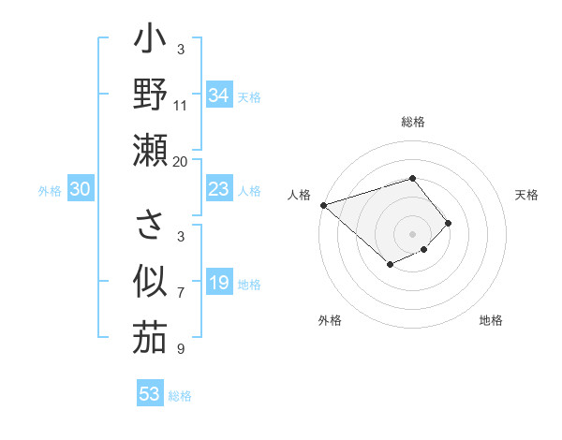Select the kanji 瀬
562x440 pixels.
point(150,149)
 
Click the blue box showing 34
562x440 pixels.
point(218,95)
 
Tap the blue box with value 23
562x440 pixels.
point(218,189)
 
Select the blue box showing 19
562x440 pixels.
point(218,283)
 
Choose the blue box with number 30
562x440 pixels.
point(80,189)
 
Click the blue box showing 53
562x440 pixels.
point(149,393)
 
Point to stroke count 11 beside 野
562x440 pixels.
point(181,105)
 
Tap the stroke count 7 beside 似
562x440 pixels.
point(181,292)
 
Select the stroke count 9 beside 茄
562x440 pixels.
point(181,348)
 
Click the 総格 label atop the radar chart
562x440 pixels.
point(413,122)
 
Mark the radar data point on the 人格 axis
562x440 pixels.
point(322,204)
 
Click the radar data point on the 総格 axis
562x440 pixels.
point(412,178)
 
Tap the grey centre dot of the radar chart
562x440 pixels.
point(412,233)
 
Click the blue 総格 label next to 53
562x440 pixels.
point(180,396)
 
